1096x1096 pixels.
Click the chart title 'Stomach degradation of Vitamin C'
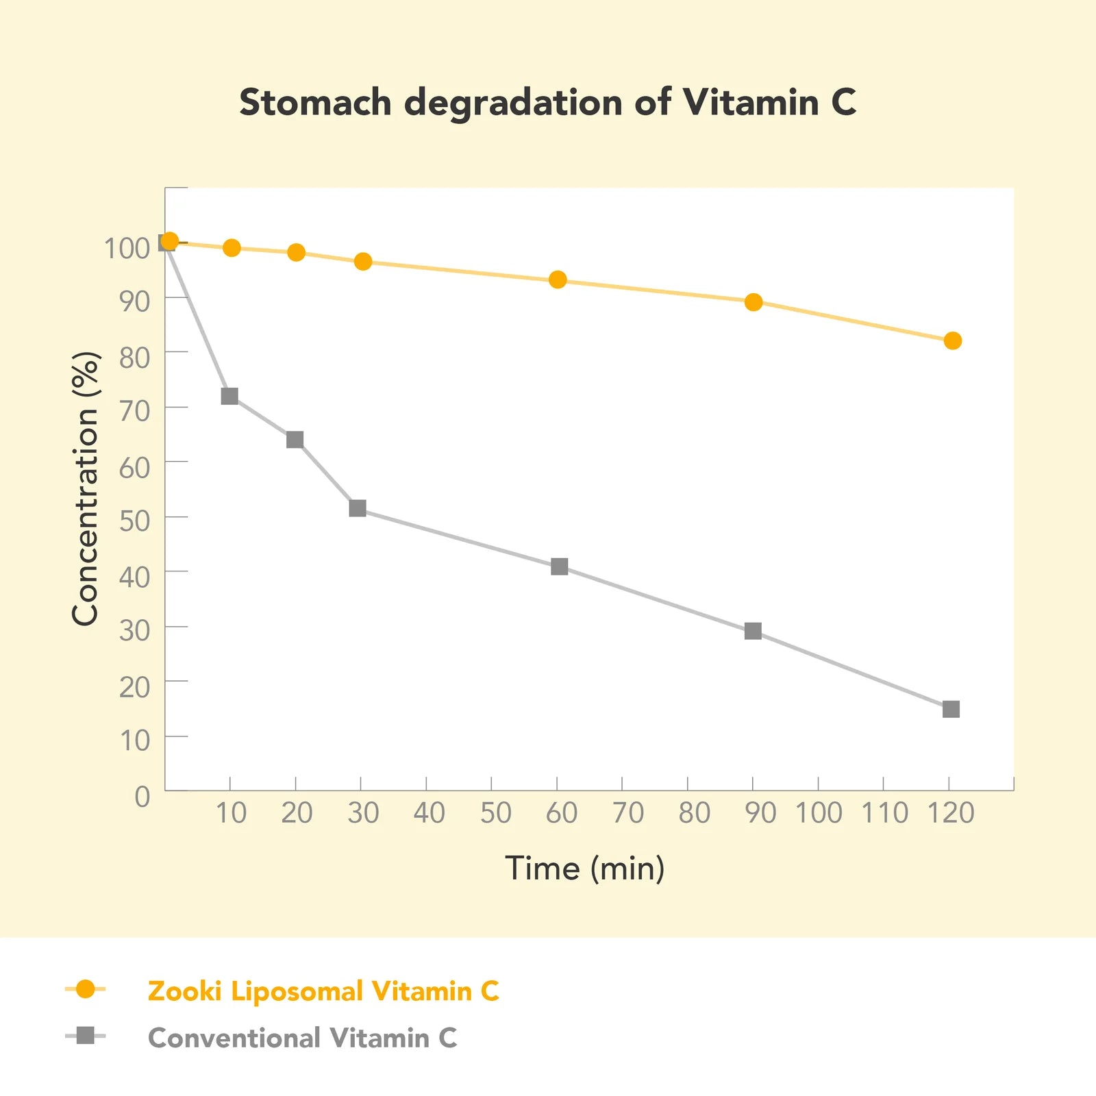point(547,103)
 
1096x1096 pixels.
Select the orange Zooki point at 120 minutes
point(952,340)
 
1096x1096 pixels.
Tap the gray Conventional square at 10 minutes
point(229,396)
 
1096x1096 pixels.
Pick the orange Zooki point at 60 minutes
point(558,279)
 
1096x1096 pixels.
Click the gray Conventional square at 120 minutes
point(951,709)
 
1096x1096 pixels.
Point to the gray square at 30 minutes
point(358,508)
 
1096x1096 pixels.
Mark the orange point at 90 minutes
point(754,302)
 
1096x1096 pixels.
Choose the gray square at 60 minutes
point(559,566)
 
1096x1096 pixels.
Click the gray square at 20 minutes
point(295,439)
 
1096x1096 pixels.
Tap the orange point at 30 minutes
point(363,262)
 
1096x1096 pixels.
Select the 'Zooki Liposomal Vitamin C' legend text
point(323,991)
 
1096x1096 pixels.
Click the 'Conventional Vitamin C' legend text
point(302,1038)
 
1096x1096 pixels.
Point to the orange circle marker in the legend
point(86,989)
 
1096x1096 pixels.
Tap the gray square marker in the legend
point(86,1036)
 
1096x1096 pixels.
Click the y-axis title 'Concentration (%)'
point(86,488)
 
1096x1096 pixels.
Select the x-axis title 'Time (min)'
point(584,869)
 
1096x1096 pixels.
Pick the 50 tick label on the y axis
point(134,521)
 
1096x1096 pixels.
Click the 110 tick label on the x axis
point(884,813)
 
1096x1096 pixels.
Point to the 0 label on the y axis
point(142,797)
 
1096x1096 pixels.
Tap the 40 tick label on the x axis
point(429,813)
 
